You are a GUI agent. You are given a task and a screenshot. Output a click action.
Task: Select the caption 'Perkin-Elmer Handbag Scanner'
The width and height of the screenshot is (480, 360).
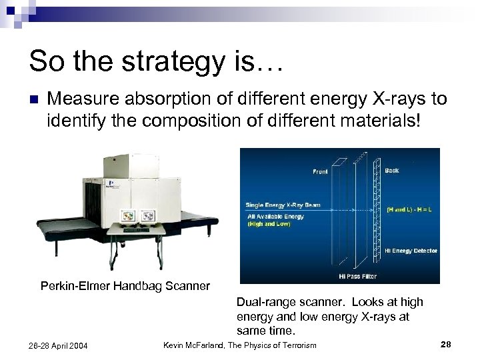coord(125,286)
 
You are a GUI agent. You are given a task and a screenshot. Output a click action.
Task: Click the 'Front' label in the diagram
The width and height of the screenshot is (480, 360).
coord(320,172)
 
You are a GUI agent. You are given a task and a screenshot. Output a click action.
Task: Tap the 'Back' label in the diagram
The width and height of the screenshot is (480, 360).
coord(392,171)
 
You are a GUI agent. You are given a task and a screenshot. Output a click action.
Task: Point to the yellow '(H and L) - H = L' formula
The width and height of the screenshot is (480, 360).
coord(411,209)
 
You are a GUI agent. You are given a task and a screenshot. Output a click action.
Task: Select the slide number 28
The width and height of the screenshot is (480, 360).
coord(447,344)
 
